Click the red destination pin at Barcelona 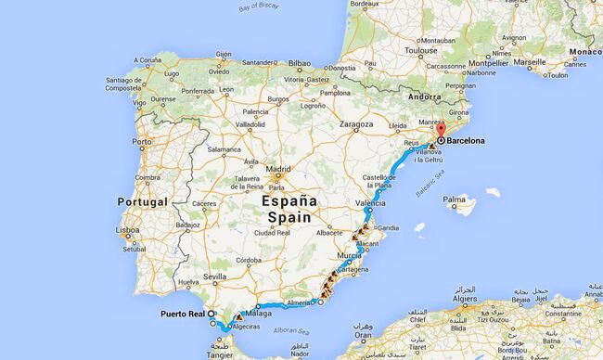click(441, 131)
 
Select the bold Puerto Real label click(183, 313)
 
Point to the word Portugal click(143, 201)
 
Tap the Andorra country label click(424, 97)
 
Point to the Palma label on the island click(455, 199)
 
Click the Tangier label click(219, 354)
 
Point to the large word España click(288, 199)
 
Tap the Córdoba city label click(250, 262)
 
